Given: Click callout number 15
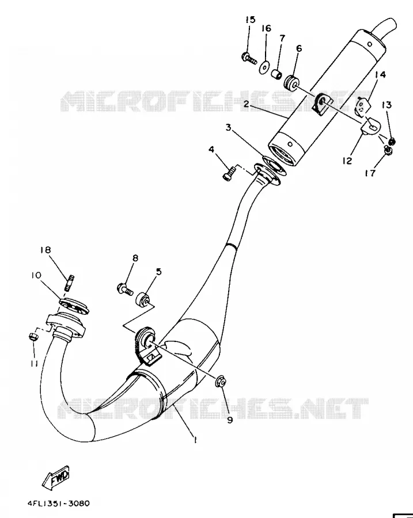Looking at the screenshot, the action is coord(251,20).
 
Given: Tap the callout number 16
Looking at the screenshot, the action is coord(266,28).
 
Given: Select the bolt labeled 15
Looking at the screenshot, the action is coord(249,59).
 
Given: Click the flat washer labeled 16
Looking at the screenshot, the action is coord(264,68).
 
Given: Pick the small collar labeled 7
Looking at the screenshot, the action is coord(276,74).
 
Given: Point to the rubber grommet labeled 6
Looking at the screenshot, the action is coord(291,82).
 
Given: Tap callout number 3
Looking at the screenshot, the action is coord(228,127).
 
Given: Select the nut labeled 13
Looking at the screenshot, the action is coord(392,142).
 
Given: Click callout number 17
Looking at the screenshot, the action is coord(370,173).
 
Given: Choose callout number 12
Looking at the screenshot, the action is coord(347,161).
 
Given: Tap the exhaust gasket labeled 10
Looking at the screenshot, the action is coord(74,305).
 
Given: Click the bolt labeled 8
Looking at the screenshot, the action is coord(125,289).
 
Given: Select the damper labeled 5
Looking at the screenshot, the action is coord(143,299).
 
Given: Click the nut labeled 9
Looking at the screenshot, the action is coord(221,382).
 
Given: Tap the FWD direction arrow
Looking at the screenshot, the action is coord(55,477).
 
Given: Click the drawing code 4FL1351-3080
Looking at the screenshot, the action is coord(59,504).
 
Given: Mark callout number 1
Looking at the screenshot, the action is coord(195,440).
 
